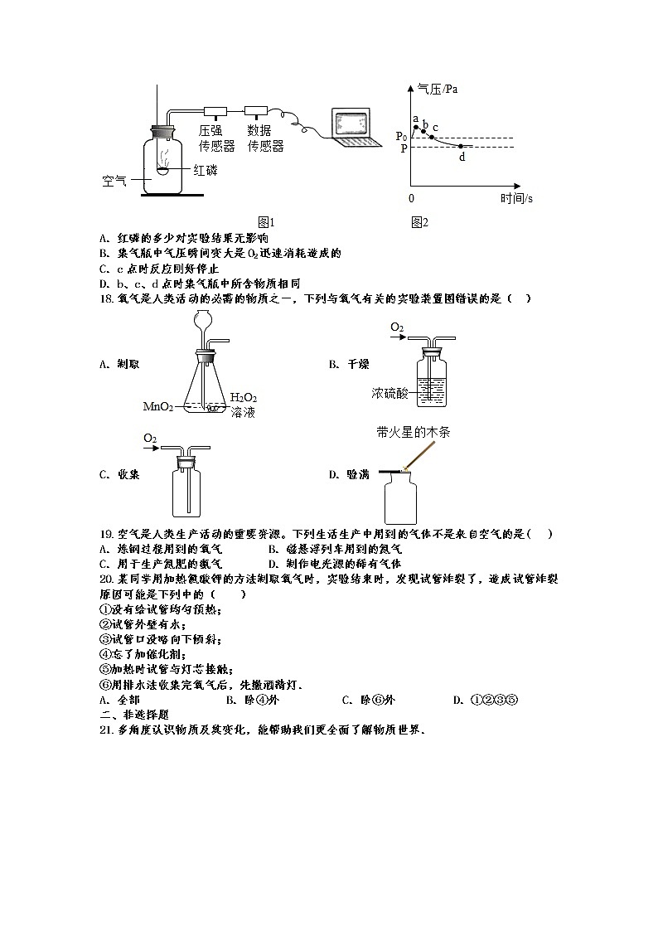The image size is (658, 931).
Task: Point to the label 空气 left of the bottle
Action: click(114, 180)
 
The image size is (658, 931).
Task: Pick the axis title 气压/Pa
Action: click(438, 90)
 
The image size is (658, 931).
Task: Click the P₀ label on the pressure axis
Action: click(401, 136)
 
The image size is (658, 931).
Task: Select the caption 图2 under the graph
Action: click(419, 222)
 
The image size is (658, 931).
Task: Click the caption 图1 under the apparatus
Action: click(266, 222)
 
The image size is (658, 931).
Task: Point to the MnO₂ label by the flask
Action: click(158, 406)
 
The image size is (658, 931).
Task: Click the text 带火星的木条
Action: click(413, 432)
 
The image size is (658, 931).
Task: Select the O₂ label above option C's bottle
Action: click(150, 438)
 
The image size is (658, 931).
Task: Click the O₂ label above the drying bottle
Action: click(397, 328)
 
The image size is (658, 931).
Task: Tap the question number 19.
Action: click(105, 534)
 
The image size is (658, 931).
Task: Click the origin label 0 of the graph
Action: click(411, 198)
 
